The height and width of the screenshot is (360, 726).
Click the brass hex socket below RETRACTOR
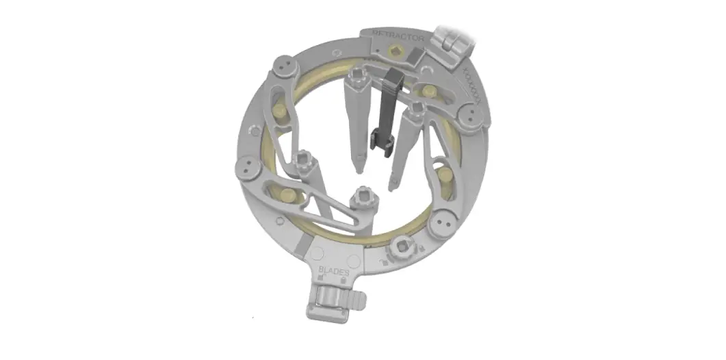tap(395, 51)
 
